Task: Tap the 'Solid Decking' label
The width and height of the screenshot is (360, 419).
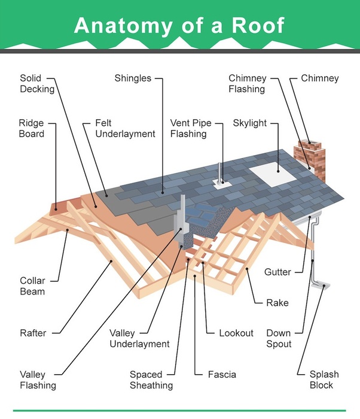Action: click(36, 84)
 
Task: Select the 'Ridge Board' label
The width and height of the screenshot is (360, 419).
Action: click(31, 129)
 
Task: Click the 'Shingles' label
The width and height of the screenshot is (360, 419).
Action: click(133, 78)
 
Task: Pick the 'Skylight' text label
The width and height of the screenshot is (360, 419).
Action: click(249, 123)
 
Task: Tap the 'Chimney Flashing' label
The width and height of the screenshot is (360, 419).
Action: click(247, 84)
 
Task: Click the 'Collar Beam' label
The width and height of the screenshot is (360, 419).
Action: click(32, 286)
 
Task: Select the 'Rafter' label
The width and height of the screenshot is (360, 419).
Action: click(33, 332)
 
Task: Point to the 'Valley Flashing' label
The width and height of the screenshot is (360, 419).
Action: click(38, 380)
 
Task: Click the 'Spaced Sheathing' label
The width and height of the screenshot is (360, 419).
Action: click(151, 380)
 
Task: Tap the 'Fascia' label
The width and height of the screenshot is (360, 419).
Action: click(222, 375)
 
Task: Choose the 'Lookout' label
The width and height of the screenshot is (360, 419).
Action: click(236, 333)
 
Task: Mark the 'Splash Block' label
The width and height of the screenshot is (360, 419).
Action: click(324, 380)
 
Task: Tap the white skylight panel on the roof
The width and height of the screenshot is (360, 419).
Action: click(273, 173)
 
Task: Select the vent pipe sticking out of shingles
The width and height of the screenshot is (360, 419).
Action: click(221, 173)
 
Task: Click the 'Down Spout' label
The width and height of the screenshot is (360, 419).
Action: click(279, 338)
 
